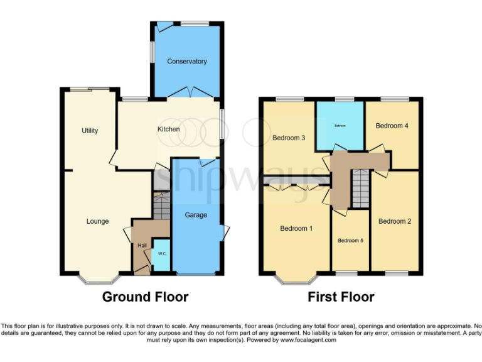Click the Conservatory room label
point(186,62)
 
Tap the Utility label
point(90,131)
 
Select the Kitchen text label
point(168,129)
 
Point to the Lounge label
point(97,221)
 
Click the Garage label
point(196,215)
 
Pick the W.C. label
point(161,254)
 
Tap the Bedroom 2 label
point(395,221)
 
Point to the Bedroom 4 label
point(392,126)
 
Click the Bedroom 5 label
point(350,241)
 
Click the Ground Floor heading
point(145,297)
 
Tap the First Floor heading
point(341,297)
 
